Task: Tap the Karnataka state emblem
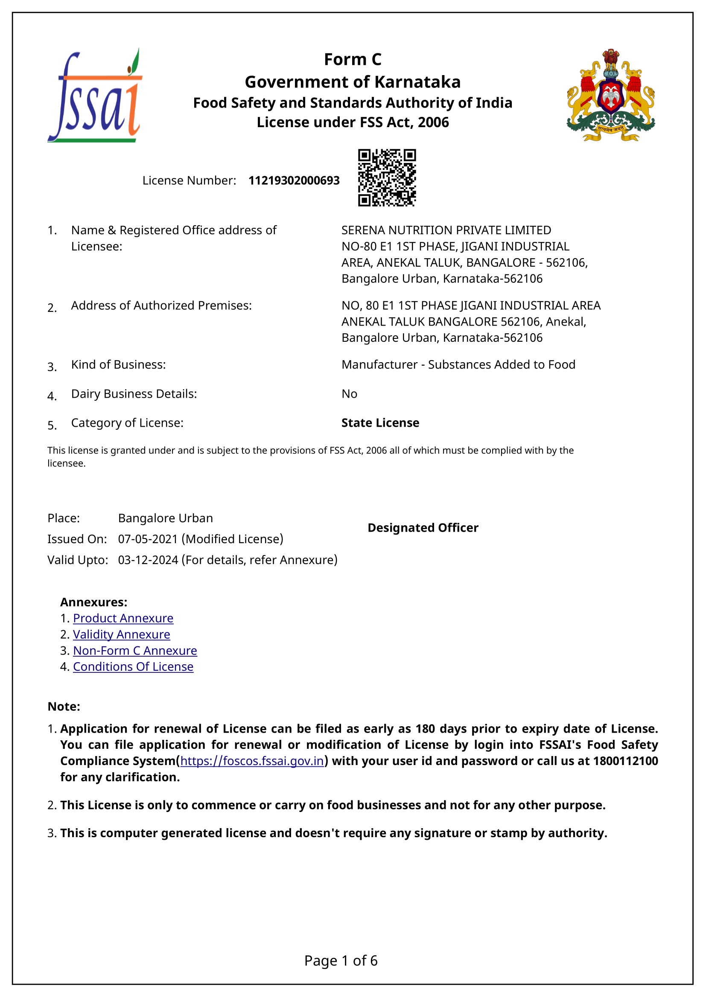pos(610,96)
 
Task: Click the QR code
pos(387,177)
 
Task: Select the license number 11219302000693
pos(294,180)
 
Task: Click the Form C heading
pos(353,60)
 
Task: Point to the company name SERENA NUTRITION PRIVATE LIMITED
pos(446,230)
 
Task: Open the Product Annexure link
pos(123,618)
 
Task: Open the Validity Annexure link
pos(121,634)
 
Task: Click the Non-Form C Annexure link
pos(135,650)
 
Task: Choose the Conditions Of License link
pos(133,666)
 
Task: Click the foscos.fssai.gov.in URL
pos(252,761)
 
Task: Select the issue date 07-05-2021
pos(148,539)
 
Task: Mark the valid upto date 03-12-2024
pos(148,560)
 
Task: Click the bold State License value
pos(380,422)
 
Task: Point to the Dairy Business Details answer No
pos(349,394)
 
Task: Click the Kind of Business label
pos(118,364)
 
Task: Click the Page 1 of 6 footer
pos(341,960)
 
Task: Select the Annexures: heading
pos(93,602)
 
